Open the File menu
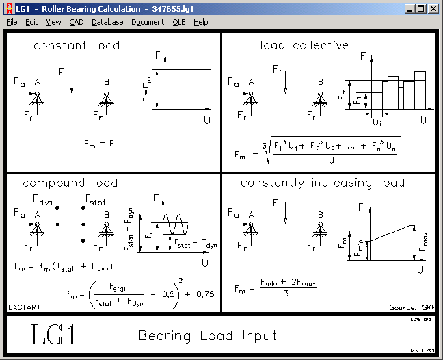(x=12, y=22)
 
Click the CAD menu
(x=77, y=22)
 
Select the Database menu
(x=107, y=22)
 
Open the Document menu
(x=148, y=22)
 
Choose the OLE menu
(x=178, y=22)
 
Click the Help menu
(x=200, y=22)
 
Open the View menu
(x=53, y=22)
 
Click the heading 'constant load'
(x=77, y=46)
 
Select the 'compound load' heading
(x=70, y=183)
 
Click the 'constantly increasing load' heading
(x=322, y=183)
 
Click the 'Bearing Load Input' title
(x=208, y=335)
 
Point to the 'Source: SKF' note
(x=412, y=307)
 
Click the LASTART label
(x=21, y=307)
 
